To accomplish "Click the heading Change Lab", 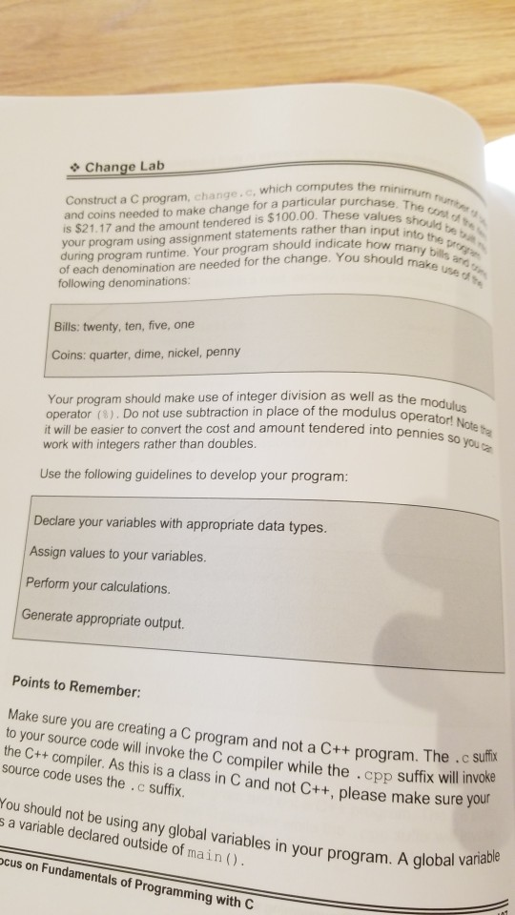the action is tap(125, 168).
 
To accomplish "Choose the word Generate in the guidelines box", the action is tap(53, 620).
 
